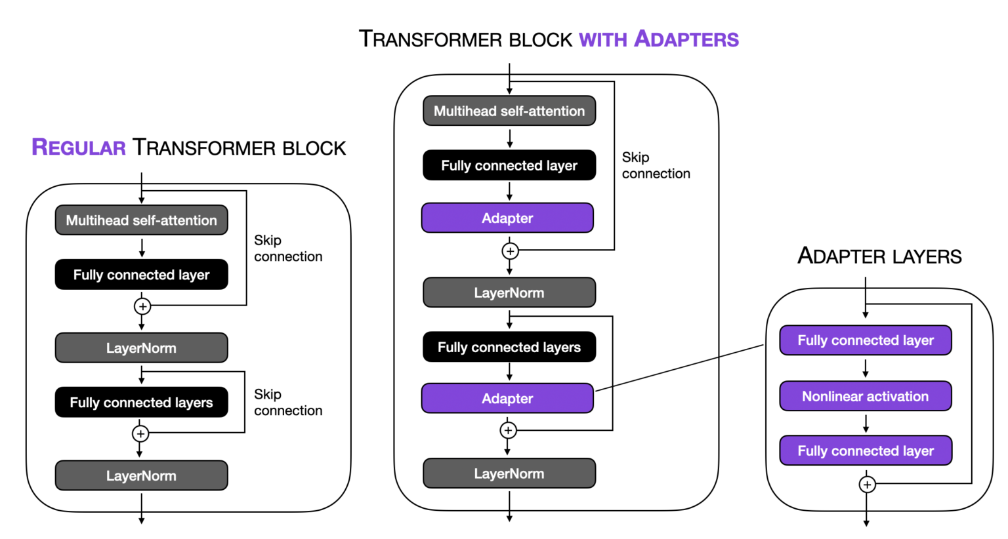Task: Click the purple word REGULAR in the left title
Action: tap(78, 148)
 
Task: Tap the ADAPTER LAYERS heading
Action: tap(879, 256)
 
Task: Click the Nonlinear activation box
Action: tap(865, 396)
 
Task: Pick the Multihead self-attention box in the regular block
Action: tap(141, 220)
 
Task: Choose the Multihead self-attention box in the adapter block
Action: tap(509, 111)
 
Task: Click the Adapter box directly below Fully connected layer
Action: tap(507, 218)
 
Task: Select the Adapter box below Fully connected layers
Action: tap(507, 399)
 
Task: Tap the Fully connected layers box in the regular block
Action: tap(141, 403)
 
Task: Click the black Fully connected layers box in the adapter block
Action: tap(509, 348)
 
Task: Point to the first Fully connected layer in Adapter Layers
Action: tap(865, 340)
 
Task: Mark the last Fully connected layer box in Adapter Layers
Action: tap(865, 451)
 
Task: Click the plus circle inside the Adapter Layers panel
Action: tap(867, 485)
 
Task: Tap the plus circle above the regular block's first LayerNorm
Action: tap(142, 306)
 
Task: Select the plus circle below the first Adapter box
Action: tap(510, 251)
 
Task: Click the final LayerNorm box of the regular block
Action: tap(141, 476)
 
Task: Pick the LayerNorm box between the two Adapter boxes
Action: tap(509, 293)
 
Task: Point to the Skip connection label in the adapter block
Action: tap(656, 165)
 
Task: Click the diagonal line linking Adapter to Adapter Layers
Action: tap(679, 368)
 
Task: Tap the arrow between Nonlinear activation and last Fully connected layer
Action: tap(866, 424)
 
